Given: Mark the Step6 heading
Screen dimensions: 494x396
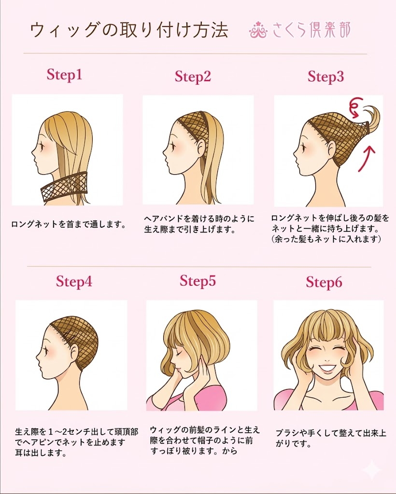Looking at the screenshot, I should pos(324,282).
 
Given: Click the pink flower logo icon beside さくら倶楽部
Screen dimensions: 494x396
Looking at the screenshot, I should pos(258,30).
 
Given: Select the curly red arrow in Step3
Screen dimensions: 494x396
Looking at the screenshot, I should pos(358,107).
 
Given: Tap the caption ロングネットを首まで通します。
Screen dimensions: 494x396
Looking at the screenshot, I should pos(68,224).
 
